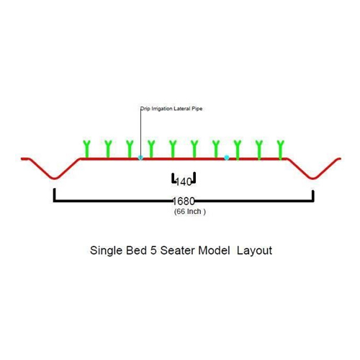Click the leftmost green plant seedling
click(x=86, y=149)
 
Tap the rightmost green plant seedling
click(x=280, y=150)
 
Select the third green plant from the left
click(x=130, y=149)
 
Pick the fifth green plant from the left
click(x=173, y=149)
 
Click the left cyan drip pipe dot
click(x=140, y=158)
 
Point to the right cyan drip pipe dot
click(x=226, y=158)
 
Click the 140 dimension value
click(x=184, y=182)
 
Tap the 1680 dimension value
click(x=184, y=201)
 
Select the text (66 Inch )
click(x=190, y=212)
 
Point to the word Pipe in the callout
click(x=197, y=109)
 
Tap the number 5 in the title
click(x=154, y=251)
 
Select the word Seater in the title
click(x=177, y=251)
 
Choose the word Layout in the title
click(x=254, y=251)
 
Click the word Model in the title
click(x=214, y=251)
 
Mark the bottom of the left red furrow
click(x=55, y=178)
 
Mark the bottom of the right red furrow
click(x=312, y=178)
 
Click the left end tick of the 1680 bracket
click(x=55, y=195)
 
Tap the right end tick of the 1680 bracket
click(x=312, y=196)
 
